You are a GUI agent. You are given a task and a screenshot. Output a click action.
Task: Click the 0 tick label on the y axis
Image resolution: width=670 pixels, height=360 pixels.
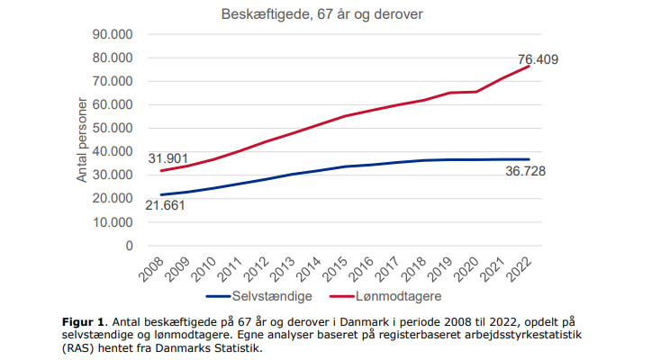coord(129,245)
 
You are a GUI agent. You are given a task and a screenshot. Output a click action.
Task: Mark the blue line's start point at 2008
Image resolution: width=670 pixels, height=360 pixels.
coord(160,194)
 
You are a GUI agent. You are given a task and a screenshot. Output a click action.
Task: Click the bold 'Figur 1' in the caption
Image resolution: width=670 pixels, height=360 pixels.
coord(83,319)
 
